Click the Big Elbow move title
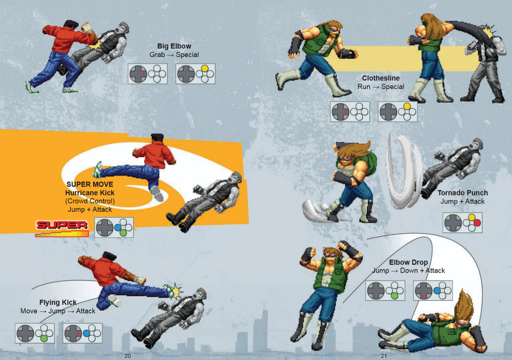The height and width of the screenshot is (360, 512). pyautogui.click(x=174, y=46)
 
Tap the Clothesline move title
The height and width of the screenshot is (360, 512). pyautogui.click(x=381, y=78)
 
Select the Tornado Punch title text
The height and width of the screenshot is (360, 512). pyautogui.click(x=463, y=193)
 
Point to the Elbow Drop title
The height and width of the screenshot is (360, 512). pyautogui.click(x=408, y=262)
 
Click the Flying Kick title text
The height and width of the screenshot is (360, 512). pyautogui.click(x=58, y=302)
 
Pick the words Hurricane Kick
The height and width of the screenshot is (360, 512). pyautogui.click(x=90, y=193)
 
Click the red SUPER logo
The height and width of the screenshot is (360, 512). pyautogui.click(x=62, y=225)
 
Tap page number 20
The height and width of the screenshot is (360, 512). pyautogui.click(x=128, y=356)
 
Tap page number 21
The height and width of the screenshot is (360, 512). pyautogui.click(x=384, y=356)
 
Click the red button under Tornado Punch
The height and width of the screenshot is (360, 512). pyautogui.click(x=477, y=223)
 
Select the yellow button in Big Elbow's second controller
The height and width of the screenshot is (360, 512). pyautogui.click(x=205, y=68)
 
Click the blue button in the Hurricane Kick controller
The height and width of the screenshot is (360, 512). pyautogui.click(x=118, y=227)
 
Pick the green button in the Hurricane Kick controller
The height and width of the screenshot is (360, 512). pyautogui.click(x=123, y=233)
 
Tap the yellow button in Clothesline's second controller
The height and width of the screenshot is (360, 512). pyautogui.click(x=407, y=106)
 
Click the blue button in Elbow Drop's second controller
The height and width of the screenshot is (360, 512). pyautogui.click(x=437, y=290)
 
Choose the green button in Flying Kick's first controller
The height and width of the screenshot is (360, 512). pyautogui.click(x=44, y=339)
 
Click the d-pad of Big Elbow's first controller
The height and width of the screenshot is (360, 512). pyautogui.click(x=138, y=74)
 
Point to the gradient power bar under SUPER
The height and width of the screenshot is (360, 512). pyautogui.click(x=62, y=234)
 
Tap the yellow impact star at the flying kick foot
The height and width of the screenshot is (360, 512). pyautogui.click(x=175, y=291)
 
